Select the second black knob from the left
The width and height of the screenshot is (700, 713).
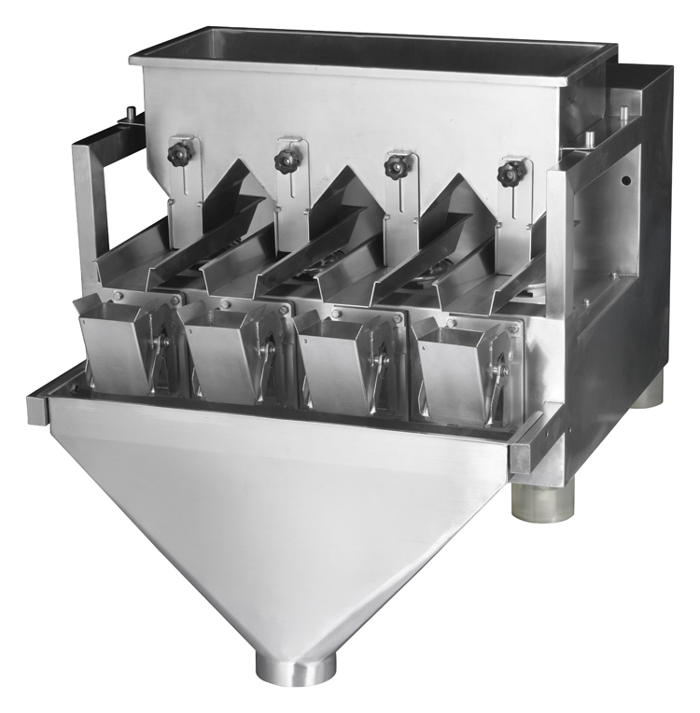(286, 161)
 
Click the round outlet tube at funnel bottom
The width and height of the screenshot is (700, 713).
(297, 668)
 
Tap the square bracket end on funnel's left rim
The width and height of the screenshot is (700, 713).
(37, 408)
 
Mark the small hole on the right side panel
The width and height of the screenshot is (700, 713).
(626, 179)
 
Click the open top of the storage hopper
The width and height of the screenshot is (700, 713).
(373, 47)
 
